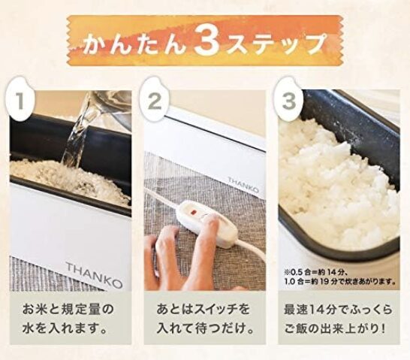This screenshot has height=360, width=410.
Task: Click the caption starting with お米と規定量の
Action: coord(70,317)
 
